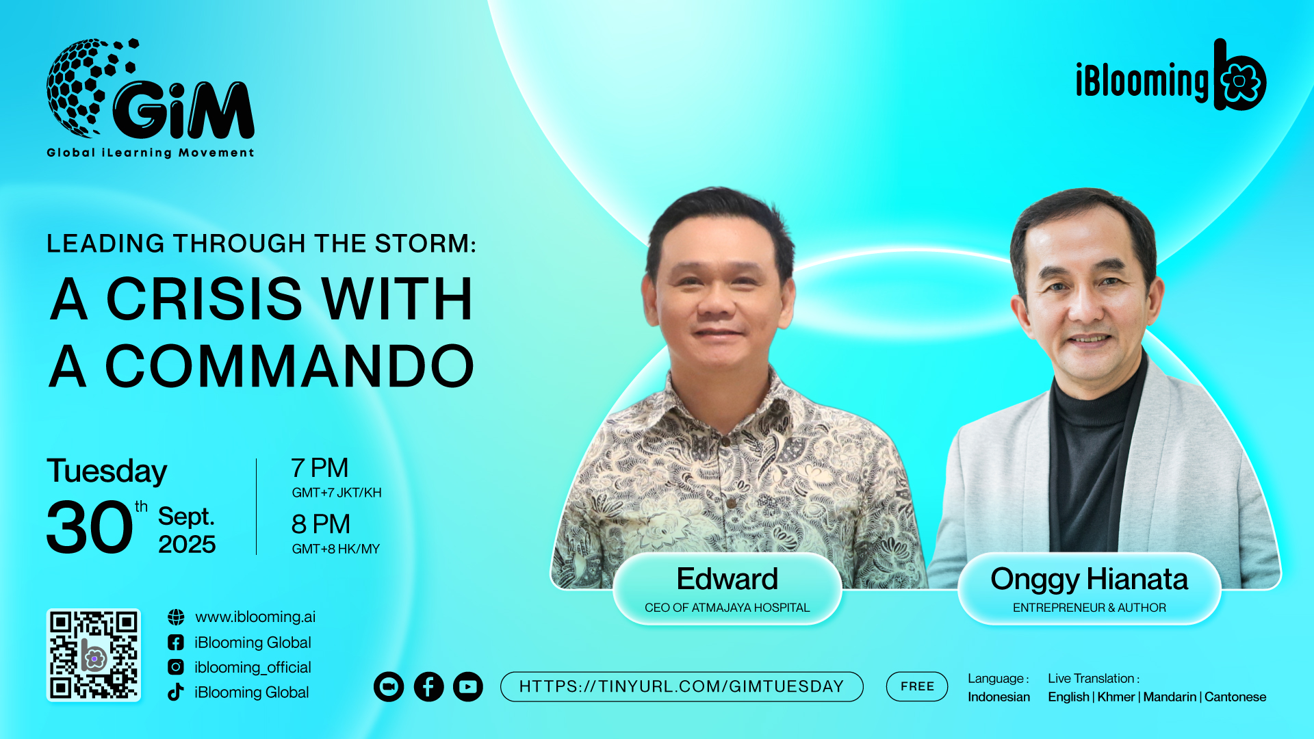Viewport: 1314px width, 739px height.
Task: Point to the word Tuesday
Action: [x=107, y=471]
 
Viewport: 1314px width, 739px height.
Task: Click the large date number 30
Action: [x=90, y=527]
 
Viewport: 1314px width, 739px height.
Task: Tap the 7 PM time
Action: [x=320, y=468]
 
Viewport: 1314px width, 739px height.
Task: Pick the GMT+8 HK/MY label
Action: [x=335, y=549]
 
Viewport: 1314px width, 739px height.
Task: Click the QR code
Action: [x=94, y=655]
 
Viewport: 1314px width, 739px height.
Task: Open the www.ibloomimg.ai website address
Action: [x=255, y=617]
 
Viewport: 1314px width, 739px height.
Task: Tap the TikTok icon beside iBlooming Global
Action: [x=176, y=692]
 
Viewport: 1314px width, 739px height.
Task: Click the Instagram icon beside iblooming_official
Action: [x=176, y=667]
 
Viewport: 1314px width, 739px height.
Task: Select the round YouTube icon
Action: [x=468, y=687]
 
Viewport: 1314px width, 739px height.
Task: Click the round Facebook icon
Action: [x=428, y=687]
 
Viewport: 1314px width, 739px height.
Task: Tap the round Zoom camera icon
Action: [x=389, y=687]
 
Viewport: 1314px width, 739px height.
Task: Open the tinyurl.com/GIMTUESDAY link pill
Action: [x=682, y=686]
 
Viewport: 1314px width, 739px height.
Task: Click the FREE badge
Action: [x=917, y=686]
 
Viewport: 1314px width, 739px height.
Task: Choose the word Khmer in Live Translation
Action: [x=1116, y=697]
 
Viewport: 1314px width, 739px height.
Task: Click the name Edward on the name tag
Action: [x=727, y=579]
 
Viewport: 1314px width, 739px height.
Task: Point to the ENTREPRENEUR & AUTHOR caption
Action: [x=1090, y=608]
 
